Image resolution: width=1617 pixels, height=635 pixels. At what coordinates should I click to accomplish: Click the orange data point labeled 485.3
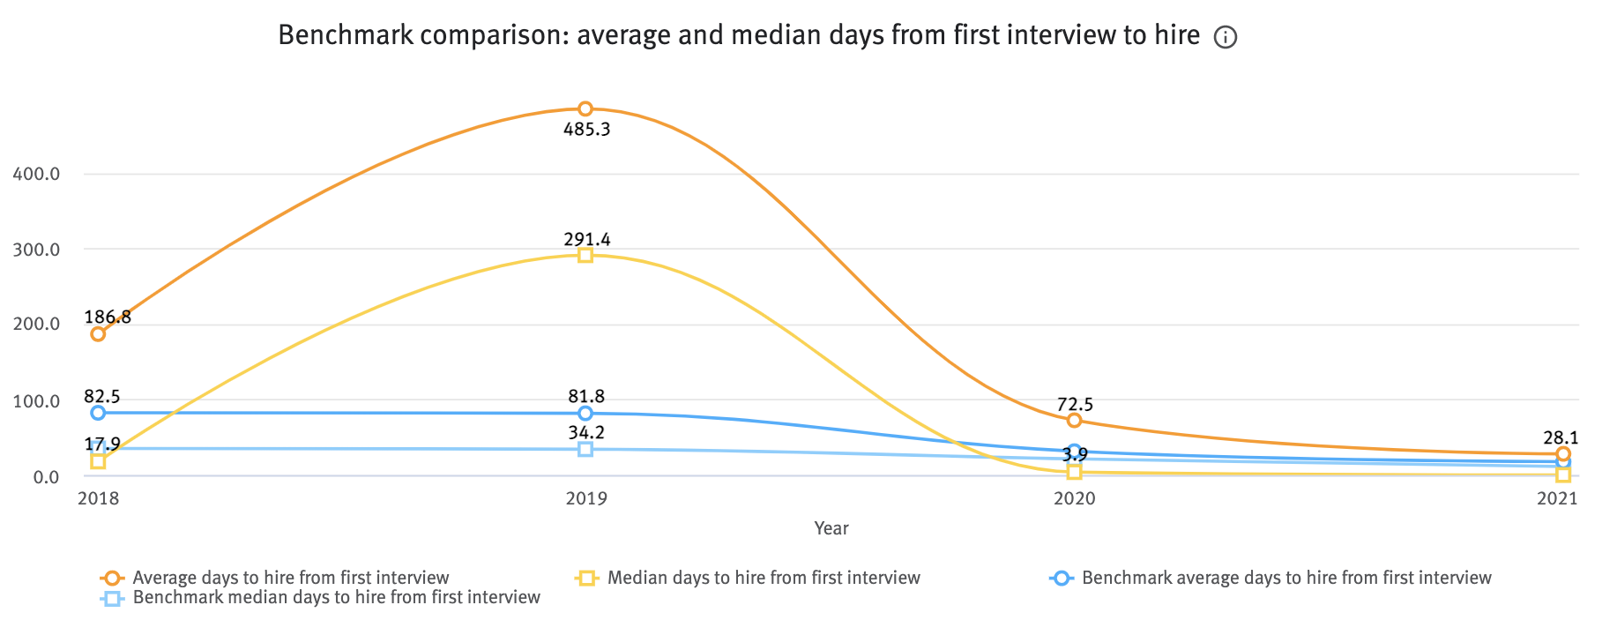point(585,108)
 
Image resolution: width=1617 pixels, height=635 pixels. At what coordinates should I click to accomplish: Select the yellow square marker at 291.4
point(585,255)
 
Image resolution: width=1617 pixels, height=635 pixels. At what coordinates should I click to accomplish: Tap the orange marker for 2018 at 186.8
point(98,333)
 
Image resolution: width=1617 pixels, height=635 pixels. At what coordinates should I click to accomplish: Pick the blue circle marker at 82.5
point(98,413)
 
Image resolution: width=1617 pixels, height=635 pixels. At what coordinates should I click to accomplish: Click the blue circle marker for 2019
point(585,413)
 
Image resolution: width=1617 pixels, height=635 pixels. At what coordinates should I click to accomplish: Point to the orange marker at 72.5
point(1074,420)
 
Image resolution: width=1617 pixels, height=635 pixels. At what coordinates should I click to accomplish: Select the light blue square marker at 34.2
point(585,449)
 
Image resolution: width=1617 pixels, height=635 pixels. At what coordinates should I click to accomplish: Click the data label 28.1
point(1561,437)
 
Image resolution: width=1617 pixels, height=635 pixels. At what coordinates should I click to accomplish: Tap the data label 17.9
point(103,444)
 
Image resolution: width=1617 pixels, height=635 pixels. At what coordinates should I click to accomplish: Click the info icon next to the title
point(1226,37)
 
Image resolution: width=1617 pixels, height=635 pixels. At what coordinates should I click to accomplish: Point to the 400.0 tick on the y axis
point(36,174)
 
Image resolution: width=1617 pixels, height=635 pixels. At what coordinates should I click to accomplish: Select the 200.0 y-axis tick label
point(36,325)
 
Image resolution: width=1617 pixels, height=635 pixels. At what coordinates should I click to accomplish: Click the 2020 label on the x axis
point(1074,499)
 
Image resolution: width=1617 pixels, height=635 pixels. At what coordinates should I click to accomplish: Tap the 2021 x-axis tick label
point(1556,499)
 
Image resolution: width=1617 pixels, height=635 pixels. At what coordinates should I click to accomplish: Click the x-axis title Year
point(831,528)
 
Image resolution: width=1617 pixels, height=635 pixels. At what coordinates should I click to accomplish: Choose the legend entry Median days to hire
point(764,578)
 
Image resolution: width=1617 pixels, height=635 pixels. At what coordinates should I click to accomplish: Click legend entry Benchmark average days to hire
point(1285,578)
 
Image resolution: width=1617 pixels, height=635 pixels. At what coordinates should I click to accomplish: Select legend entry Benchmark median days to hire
point(336,597)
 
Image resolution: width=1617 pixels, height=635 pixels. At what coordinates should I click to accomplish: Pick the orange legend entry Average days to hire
point(290,578)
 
